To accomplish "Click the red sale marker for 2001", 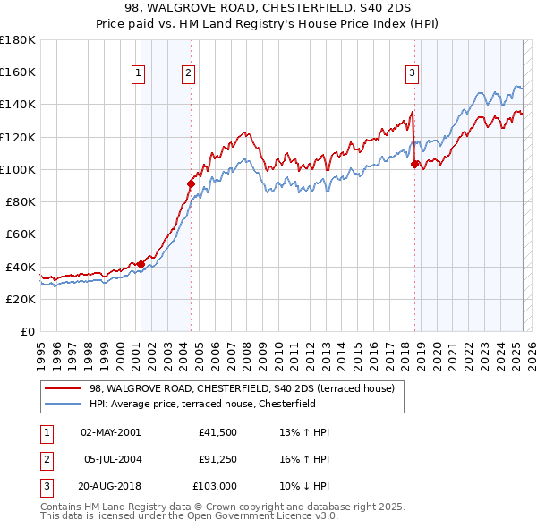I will pos(141,264).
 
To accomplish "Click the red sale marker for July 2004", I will pos(191,183).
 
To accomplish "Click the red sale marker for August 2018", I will pos(414,164).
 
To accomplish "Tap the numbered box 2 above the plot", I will pos(189,74).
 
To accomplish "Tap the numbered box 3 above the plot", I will pos(412,74).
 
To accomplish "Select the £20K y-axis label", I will pos(21,299).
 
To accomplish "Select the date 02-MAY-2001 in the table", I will pos(110,432).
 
